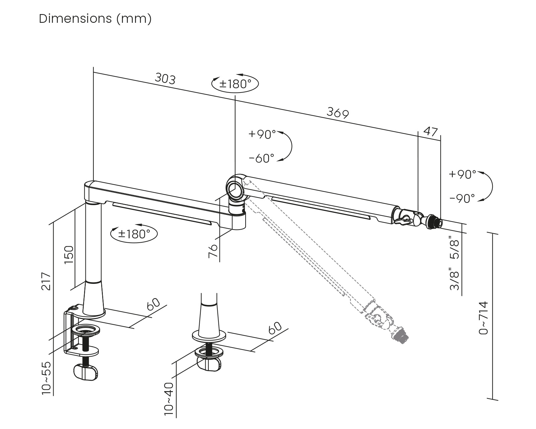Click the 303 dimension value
[x=165, y=79]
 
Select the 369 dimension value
[x=338, y=113]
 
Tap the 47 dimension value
[x=431, y=131]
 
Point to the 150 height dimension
[x=69, y=255]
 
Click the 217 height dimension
[x=46, y=282]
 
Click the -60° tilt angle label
[x=262, y=158]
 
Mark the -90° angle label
[x=462, y=199]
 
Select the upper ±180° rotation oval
[x=235, y=83]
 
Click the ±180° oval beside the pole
[x=134, y=234]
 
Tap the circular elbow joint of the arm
[x=234, y=187]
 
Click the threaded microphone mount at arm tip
[x=433, y=222]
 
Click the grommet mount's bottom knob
[x=209, y=364]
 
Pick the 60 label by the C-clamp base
[x=154, y=304]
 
